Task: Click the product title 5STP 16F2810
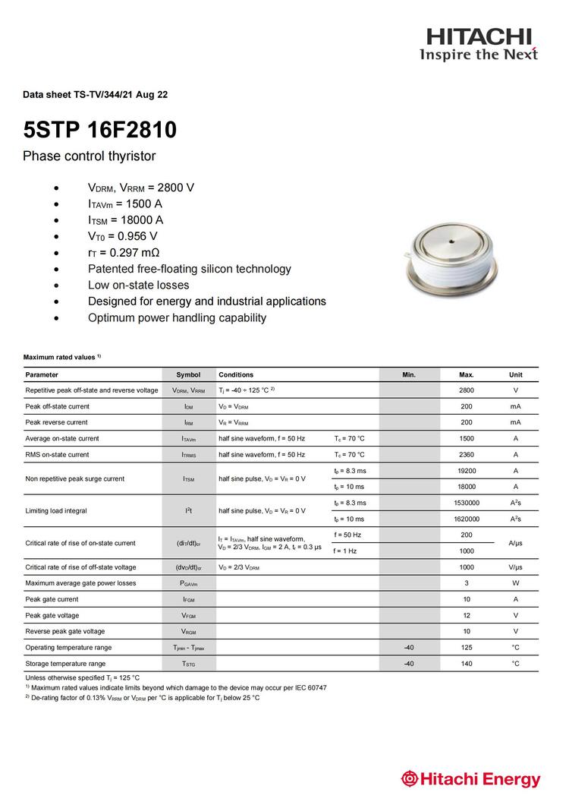[99, 130]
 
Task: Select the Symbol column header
[188, 374]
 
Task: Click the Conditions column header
[236, 374]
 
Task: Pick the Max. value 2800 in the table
[467, 390]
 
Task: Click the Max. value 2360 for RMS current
[467, 455]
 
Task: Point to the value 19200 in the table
[467, 471]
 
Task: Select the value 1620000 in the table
[467, 519]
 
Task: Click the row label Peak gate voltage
[52, 615]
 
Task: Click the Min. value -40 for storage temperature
[409, 664]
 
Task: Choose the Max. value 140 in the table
[467, 664]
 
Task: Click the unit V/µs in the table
[515, 567]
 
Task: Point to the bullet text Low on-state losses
[138, 286]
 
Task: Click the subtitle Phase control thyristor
[89, 156]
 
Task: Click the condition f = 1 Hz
[345, 551]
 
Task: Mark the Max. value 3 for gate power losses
[467, 583]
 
